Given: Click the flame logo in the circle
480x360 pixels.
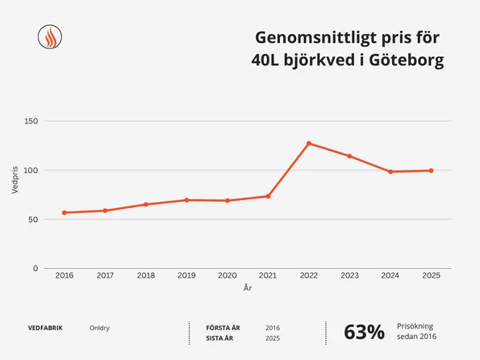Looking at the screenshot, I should tap(51, 37).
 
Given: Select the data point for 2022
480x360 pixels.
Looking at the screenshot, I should tap(308, 144).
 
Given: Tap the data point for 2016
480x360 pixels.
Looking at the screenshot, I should tap(65, 212).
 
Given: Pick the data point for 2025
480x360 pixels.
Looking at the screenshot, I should tap(431, 170).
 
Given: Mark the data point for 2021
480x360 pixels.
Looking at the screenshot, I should tap(268, 196).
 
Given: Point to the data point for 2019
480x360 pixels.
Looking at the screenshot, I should tap(186, 199).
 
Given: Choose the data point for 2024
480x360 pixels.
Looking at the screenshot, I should tap(390, 171).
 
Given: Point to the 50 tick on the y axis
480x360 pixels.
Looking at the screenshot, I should tap(33, 220).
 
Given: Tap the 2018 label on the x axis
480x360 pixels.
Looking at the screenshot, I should tap(146, 276).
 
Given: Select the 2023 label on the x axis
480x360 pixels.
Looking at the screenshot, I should tap(349, 276).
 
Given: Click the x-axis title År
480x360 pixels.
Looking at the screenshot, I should tap(248, 287).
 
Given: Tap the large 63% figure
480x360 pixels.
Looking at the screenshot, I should tap(364, 332).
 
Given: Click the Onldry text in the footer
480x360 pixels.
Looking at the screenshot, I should tap(100, 328).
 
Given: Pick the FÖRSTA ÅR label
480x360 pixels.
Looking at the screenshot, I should tap(223, 328).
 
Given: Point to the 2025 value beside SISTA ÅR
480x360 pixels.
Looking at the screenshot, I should tap(273, 337).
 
